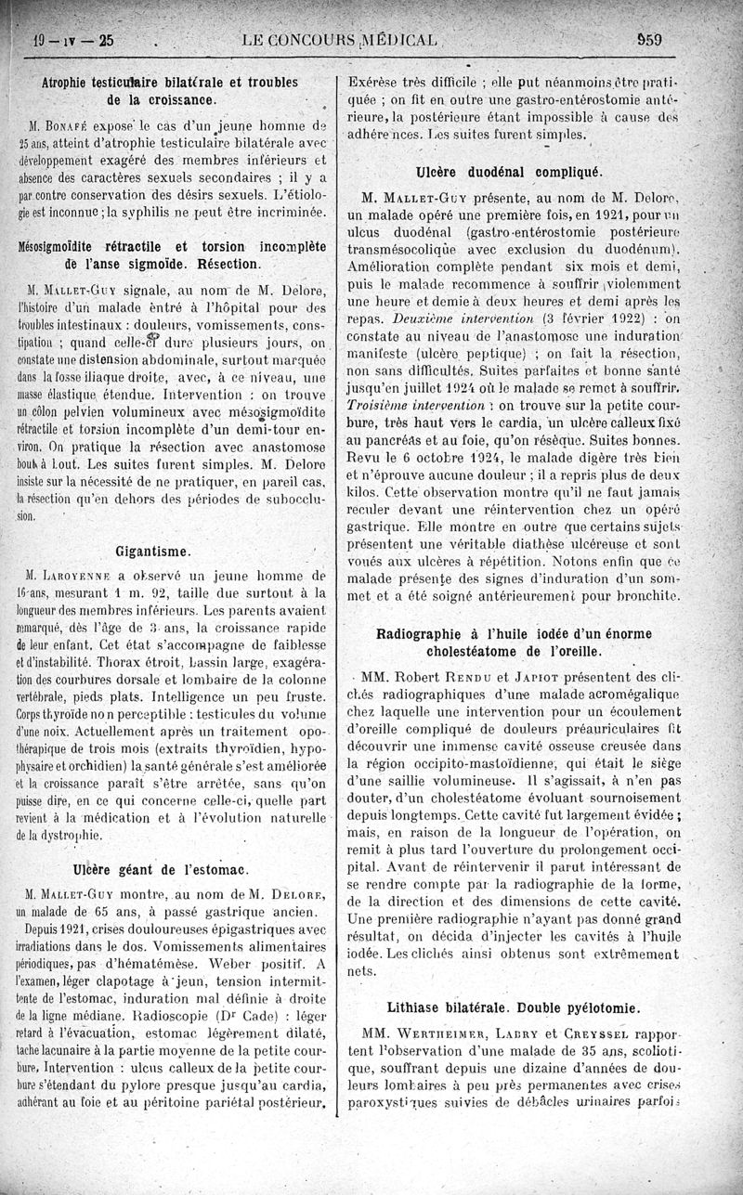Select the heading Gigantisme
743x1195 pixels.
152,552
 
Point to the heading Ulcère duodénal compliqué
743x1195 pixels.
509,171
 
